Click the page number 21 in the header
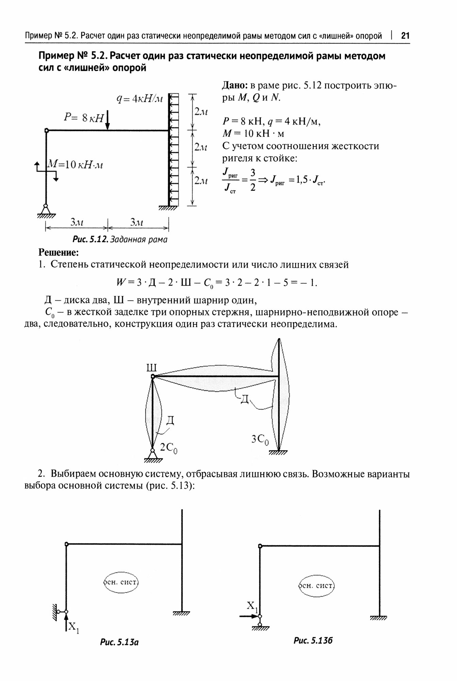(405, 36)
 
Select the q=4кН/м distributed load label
(140, 99)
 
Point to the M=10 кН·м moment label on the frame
(76, 164)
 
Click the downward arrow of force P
(108, 121)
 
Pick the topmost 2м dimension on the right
(201, 112)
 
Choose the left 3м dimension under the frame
(77, 223)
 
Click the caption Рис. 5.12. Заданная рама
(120, 239)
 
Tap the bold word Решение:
(59, 253)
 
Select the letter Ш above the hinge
(151, 368)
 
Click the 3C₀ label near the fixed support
(260, 440)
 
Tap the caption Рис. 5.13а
(119, 642)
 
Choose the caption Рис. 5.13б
(313, 640)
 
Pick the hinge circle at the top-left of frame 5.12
(47, 130)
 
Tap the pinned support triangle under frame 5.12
(46, 209)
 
